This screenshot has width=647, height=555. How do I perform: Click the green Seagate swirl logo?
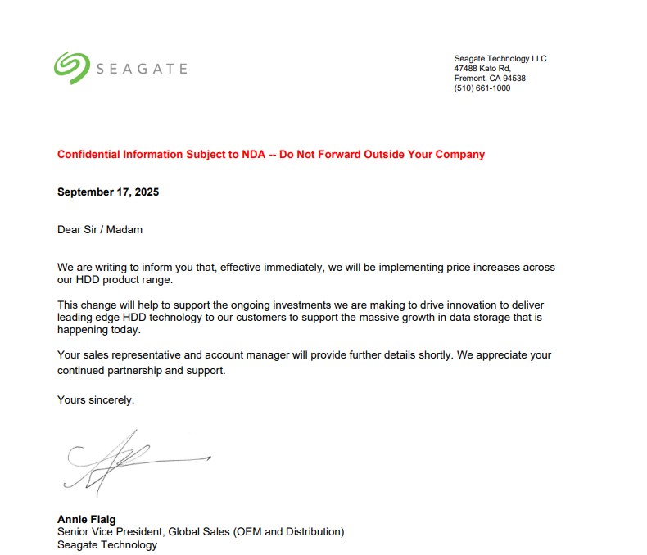[x=71, y=68]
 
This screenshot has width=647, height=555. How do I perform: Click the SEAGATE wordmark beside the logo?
[x=143, y=69]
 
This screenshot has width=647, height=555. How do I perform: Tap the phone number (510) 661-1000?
[x=482, y=88]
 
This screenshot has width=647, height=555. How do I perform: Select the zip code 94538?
[x=514, y=79]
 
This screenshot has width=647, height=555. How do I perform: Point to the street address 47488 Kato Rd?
[x=482, y=69]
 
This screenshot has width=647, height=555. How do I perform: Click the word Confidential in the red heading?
[x=88, y=154]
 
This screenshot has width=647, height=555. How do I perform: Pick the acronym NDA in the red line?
[x=255, y=154]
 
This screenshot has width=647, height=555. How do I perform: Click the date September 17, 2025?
[x=108, y=192]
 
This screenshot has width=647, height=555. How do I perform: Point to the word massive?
[x=371, y=317]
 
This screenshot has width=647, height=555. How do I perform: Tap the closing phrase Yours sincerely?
[x=95, y=400]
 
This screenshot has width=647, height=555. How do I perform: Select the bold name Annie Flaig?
[x=86, y=519]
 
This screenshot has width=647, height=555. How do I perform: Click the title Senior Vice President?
[x=110, y=532]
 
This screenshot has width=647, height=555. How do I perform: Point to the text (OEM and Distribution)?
[x=288, y=532]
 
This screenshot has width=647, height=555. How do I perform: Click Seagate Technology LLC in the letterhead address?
[x=500, y=59]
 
